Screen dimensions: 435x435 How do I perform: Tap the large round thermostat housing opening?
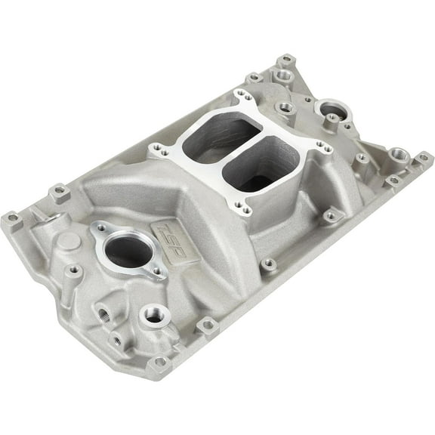(129, 252)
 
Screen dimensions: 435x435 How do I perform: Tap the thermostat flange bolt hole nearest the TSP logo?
(157, 271)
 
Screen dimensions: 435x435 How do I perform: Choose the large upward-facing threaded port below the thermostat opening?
(154, 316)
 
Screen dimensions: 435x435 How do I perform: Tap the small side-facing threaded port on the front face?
(100, 311)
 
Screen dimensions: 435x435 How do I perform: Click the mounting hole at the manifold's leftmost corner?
(11, 220)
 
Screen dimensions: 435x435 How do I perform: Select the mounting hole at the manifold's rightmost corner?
(422, 158)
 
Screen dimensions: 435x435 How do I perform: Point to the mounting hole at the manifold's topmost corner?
(285, 60)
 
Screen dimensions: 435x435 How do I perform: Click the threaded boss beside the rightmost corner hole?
(398, 156)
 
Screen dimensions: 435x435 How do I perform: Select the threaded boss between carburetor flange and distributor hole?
(285, 108)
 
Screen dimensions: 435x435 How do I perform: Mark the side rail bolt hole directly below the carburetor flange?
(268, 264)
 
